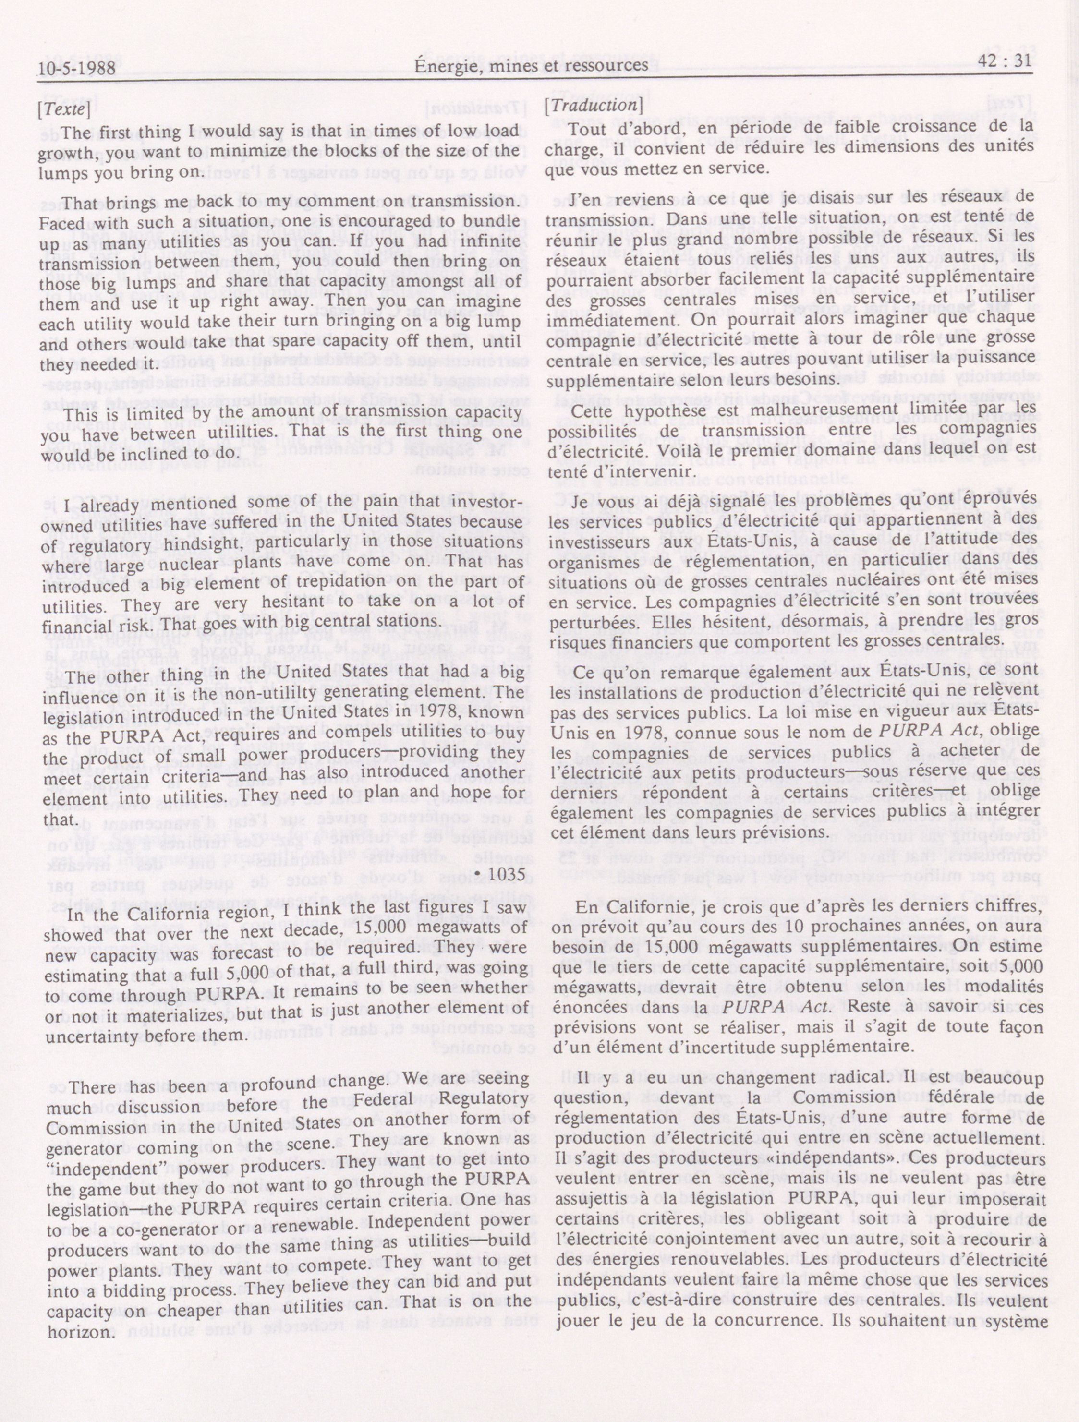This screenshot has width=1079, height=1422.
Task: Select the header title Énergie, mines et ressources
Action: [x=531, y=66]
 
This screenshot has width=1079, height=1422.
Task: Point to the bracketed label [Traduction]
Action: [x=593, y=106]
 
